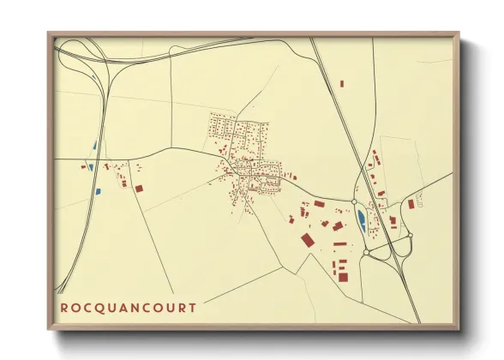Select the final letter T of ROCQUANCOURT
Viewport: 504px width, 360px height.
point(193,307)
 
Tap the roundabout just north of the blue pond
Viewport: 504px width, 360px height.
point(354,202)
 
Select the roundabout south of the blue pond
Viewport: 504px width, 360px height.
point(365,253)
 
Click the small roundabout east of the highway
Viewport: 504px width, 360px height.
point(410,235)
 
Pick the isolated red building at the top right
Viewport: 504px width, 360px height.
point(341,83)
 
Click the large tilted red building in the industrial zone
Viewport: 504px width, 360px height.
point(308,240)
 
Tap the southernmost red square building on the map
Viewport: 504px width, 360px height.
point(343,276)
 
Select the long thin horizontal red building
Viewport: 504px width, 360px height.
point(340,244)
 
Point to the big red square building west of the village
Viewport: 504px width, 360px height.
point(139,187)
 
